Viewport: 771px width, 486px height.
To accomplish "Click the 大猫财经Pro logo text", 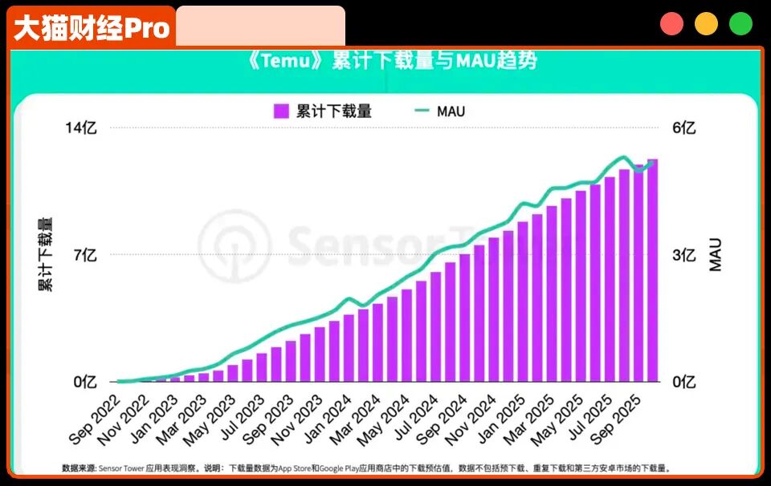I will pos(92,28).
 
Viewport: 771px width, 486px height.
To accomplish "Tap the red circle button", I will pos(671,24).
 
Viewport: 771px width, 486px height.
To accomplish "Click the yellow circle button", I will pos(706,24).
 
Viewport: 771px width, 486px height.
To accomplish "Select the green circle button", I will pos(740,24).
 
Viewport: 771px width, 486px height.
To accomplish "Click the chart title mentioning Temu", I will pos(394,61).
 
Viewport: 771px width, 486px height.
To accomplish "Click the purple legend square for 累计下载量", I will pos(280,111).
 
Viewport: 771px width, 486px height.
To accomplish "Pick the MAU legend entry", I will pos(440,111).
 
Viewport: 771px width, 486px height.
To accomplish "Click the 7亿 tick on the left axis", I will pos(85,255).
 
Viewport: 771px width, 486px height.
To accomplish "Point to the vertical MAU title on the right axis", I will pos(716,254).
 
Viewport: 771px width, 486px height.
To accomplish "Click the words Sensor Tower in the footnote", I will pos(122,468).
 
